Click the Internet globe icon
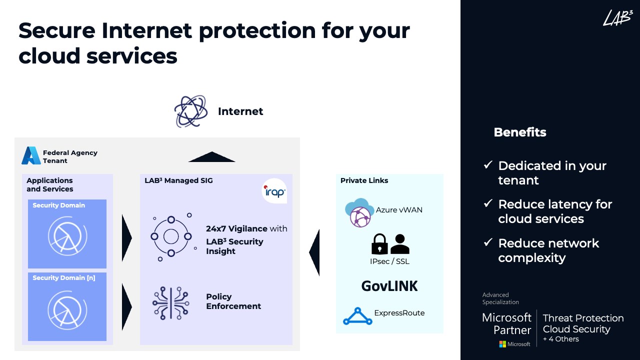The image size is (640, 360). [x=190, y=111]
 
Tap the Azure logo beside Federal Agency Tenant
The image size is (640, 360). [x=31, y=156]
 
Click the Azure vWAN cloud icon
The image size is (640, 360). [x=359, y=212]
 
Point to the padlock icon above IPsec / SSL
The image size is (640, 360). [x=379, y=243]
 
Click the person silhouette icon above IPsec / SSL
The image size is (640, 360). [x=399, y=243]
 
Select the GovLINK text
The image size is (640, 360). [x=389, y=286]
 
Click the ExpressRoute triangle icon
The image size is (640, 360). [x=357, y=316]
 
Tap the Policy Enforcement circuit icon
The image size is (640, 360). [x=170, y=303]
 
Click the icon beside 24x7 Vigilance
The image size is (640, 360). [x=171, y=236]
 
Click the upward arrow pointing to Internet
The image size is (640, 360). [x=211, y=156]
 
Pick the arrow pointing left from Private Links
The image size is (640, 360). [x=314, y=252]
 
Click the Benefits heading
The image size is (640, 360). [x=519, y=132]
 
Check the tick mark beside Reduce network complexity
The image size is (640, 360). [x=488, y=243]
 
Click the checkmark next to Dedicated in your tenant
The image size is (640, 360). [x=488, y=165]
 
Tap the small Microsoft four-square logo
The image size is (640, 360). [x=502, y=344]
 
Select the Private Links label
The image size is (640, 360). [x=364, y=180]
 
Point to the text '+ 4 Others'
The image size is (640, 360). [x=560, y=339]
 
